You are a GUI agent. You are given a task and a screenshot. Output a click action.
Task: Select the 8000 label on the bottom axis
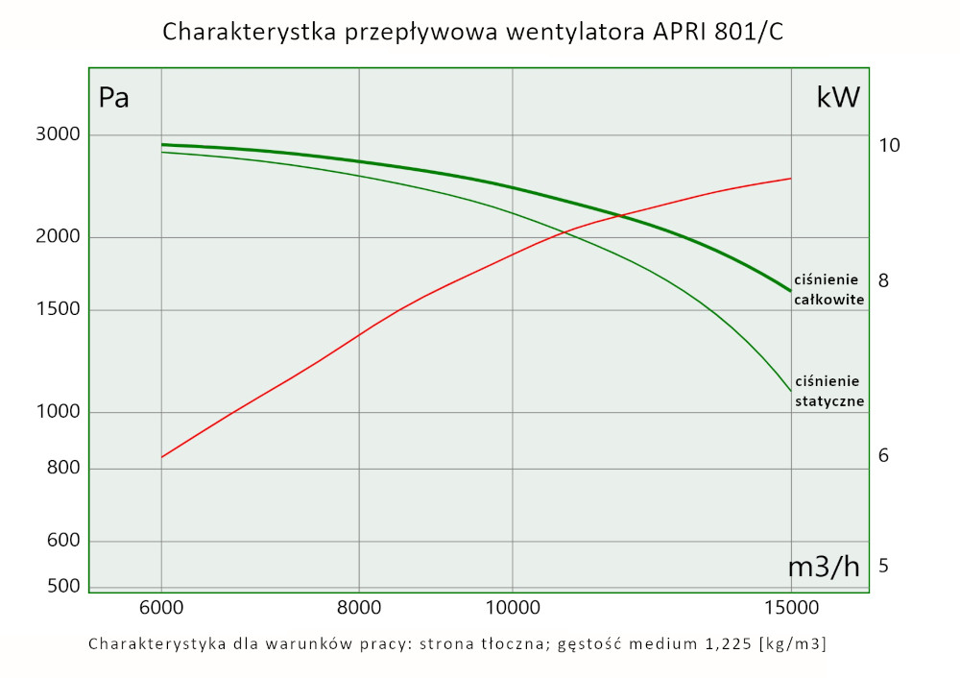pos(358,608)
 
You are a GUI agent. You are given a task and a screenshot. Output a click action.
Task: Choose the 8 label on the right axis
pos(883,280)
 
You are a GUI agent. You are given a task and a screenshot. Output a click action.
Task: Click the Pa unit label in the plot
pos(113,98)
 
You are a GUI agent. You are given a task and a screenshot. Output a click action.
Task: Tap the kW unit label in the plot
pos(837,97)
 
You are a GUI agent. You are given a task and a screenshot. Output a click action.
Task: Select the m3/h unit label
pos(824,567)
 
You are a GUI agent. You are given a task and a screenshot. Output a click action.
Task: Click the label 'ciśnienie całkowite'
pos(829,289)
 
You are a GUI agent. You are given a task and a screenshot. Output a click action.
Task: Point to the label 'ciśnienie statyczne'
pos(829,391)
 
